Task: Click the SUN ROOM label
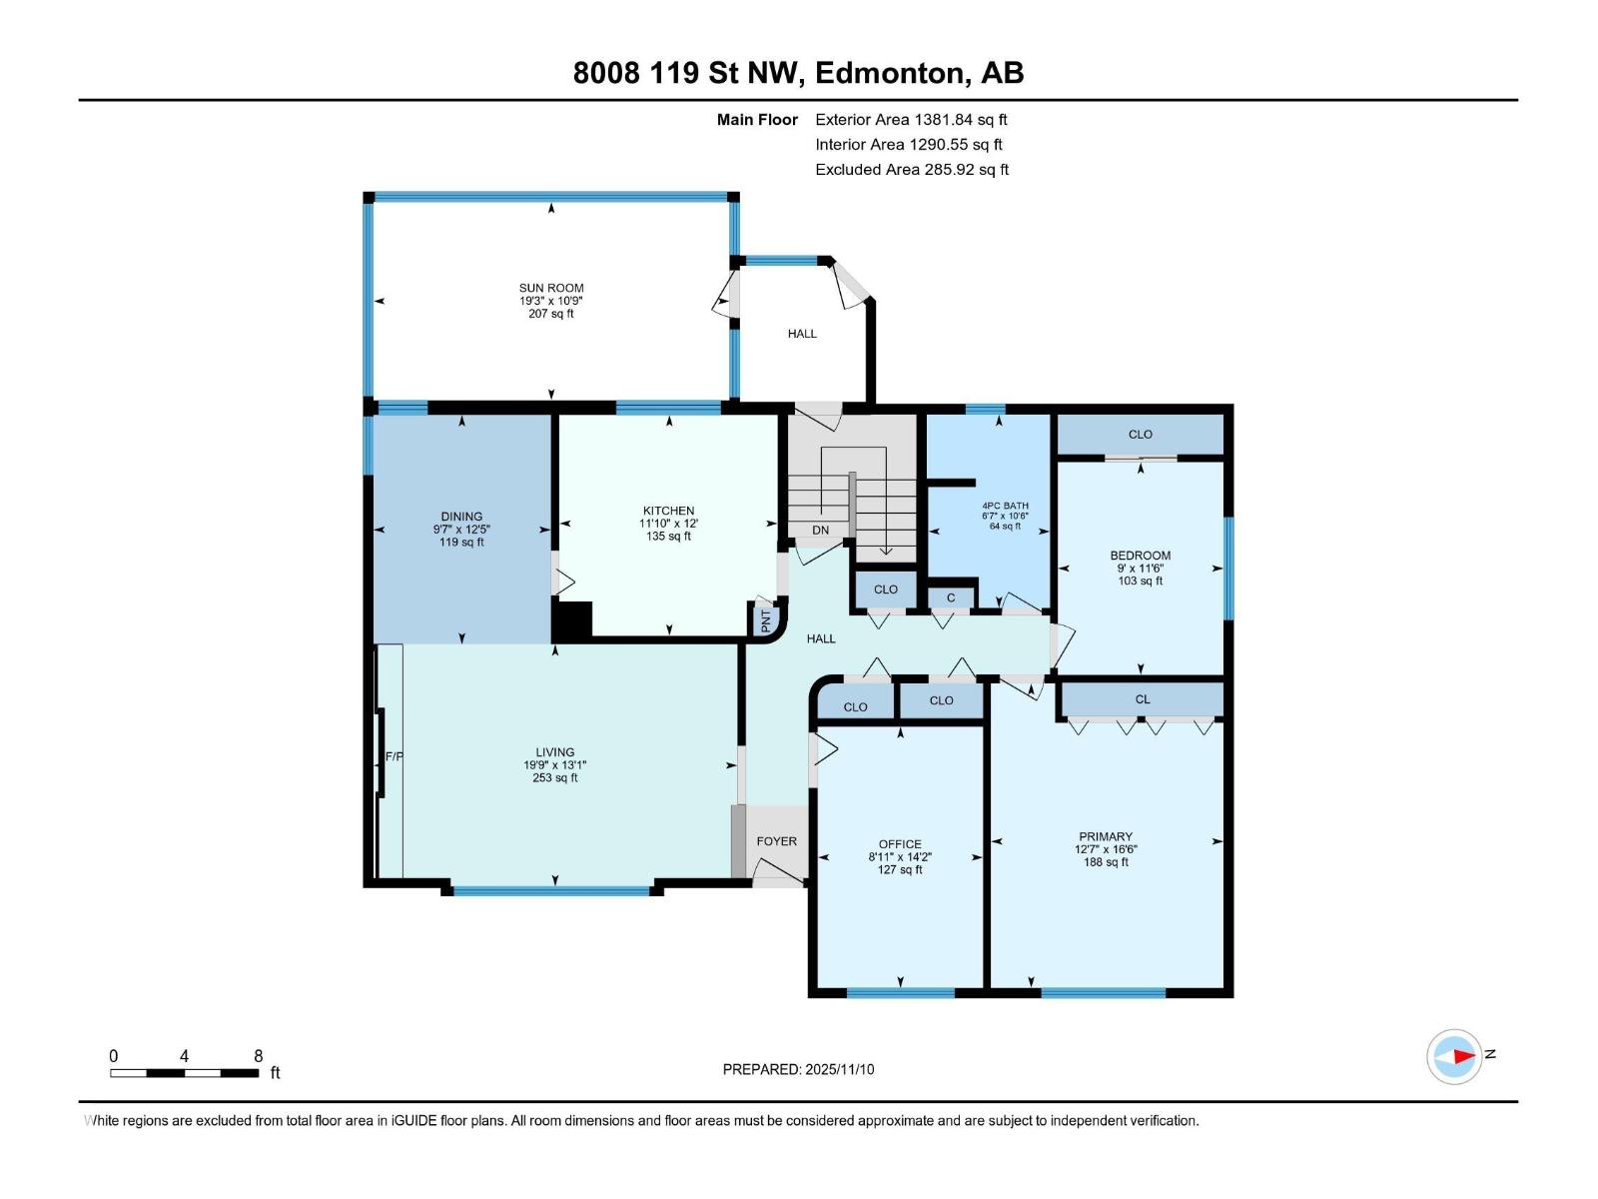coord(551,289)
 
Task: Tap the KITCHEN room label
coord(668,511)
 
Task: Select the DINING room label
coord(461,517)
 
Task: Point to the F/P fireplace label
coord(394,757)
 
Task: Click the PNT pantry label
coord(766,620)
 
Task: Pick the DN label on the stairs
coord(821,531)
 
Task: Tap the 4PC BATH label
coord(1006,506)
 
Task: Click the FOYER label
coord(777,841)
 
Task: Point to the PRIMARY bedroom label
coord(1106,837)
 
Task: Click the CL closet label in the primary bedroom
coord(1143,699)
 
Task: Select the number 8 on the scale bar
coord(258,1056)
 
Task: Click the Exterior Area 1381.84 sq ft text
coord(912,120)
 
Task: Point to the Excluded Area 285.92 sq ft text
coord(912,170)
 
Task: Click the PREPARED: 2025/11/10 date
coord(799,1070)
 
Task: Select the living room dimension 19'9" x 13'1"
coord(554,765)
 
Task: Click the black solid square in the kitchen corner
coord(571,618)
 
